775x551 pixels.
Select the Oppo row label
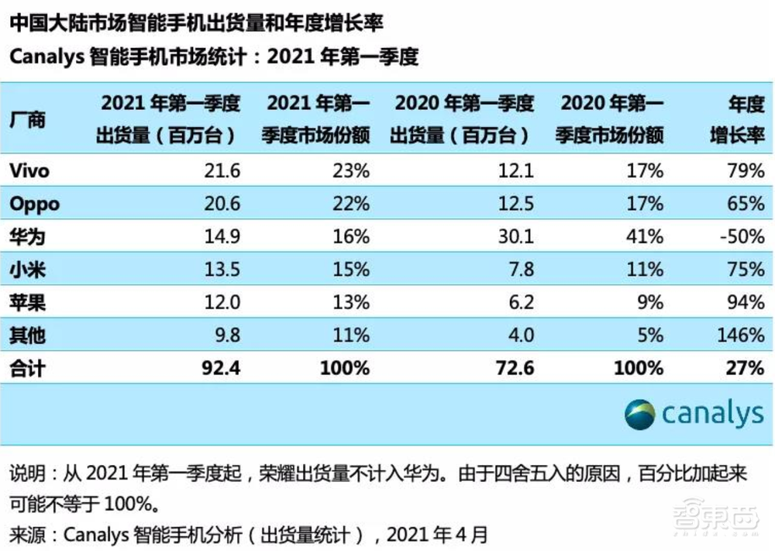pyautogui.click(x=34, y=204)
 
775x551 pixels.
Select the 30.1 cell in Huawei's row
pyautogui.click(x=515, y=236)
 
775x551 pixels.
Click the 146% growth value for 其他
pyautogui.click(x=741, y=335)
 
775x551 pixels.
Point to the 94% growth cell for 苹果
pyautogui.click(x=746, y=302)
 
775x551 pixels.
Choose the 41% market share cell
pyautogui.click(x=646, y=236)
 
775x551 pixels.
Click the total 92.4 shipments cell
pyautogui.click(x=220, y=368)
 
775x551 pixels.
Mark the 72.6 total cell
pyautogui.click(x=514, y=368)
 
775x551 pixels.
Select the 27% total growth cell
pyautogui.click(x=746, y=368)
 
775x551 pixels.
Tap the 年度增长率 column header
pyautogui.click(x=738, y=119)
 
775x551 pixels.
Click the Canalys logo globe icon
pyautogui.click(x=640, y=415)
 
